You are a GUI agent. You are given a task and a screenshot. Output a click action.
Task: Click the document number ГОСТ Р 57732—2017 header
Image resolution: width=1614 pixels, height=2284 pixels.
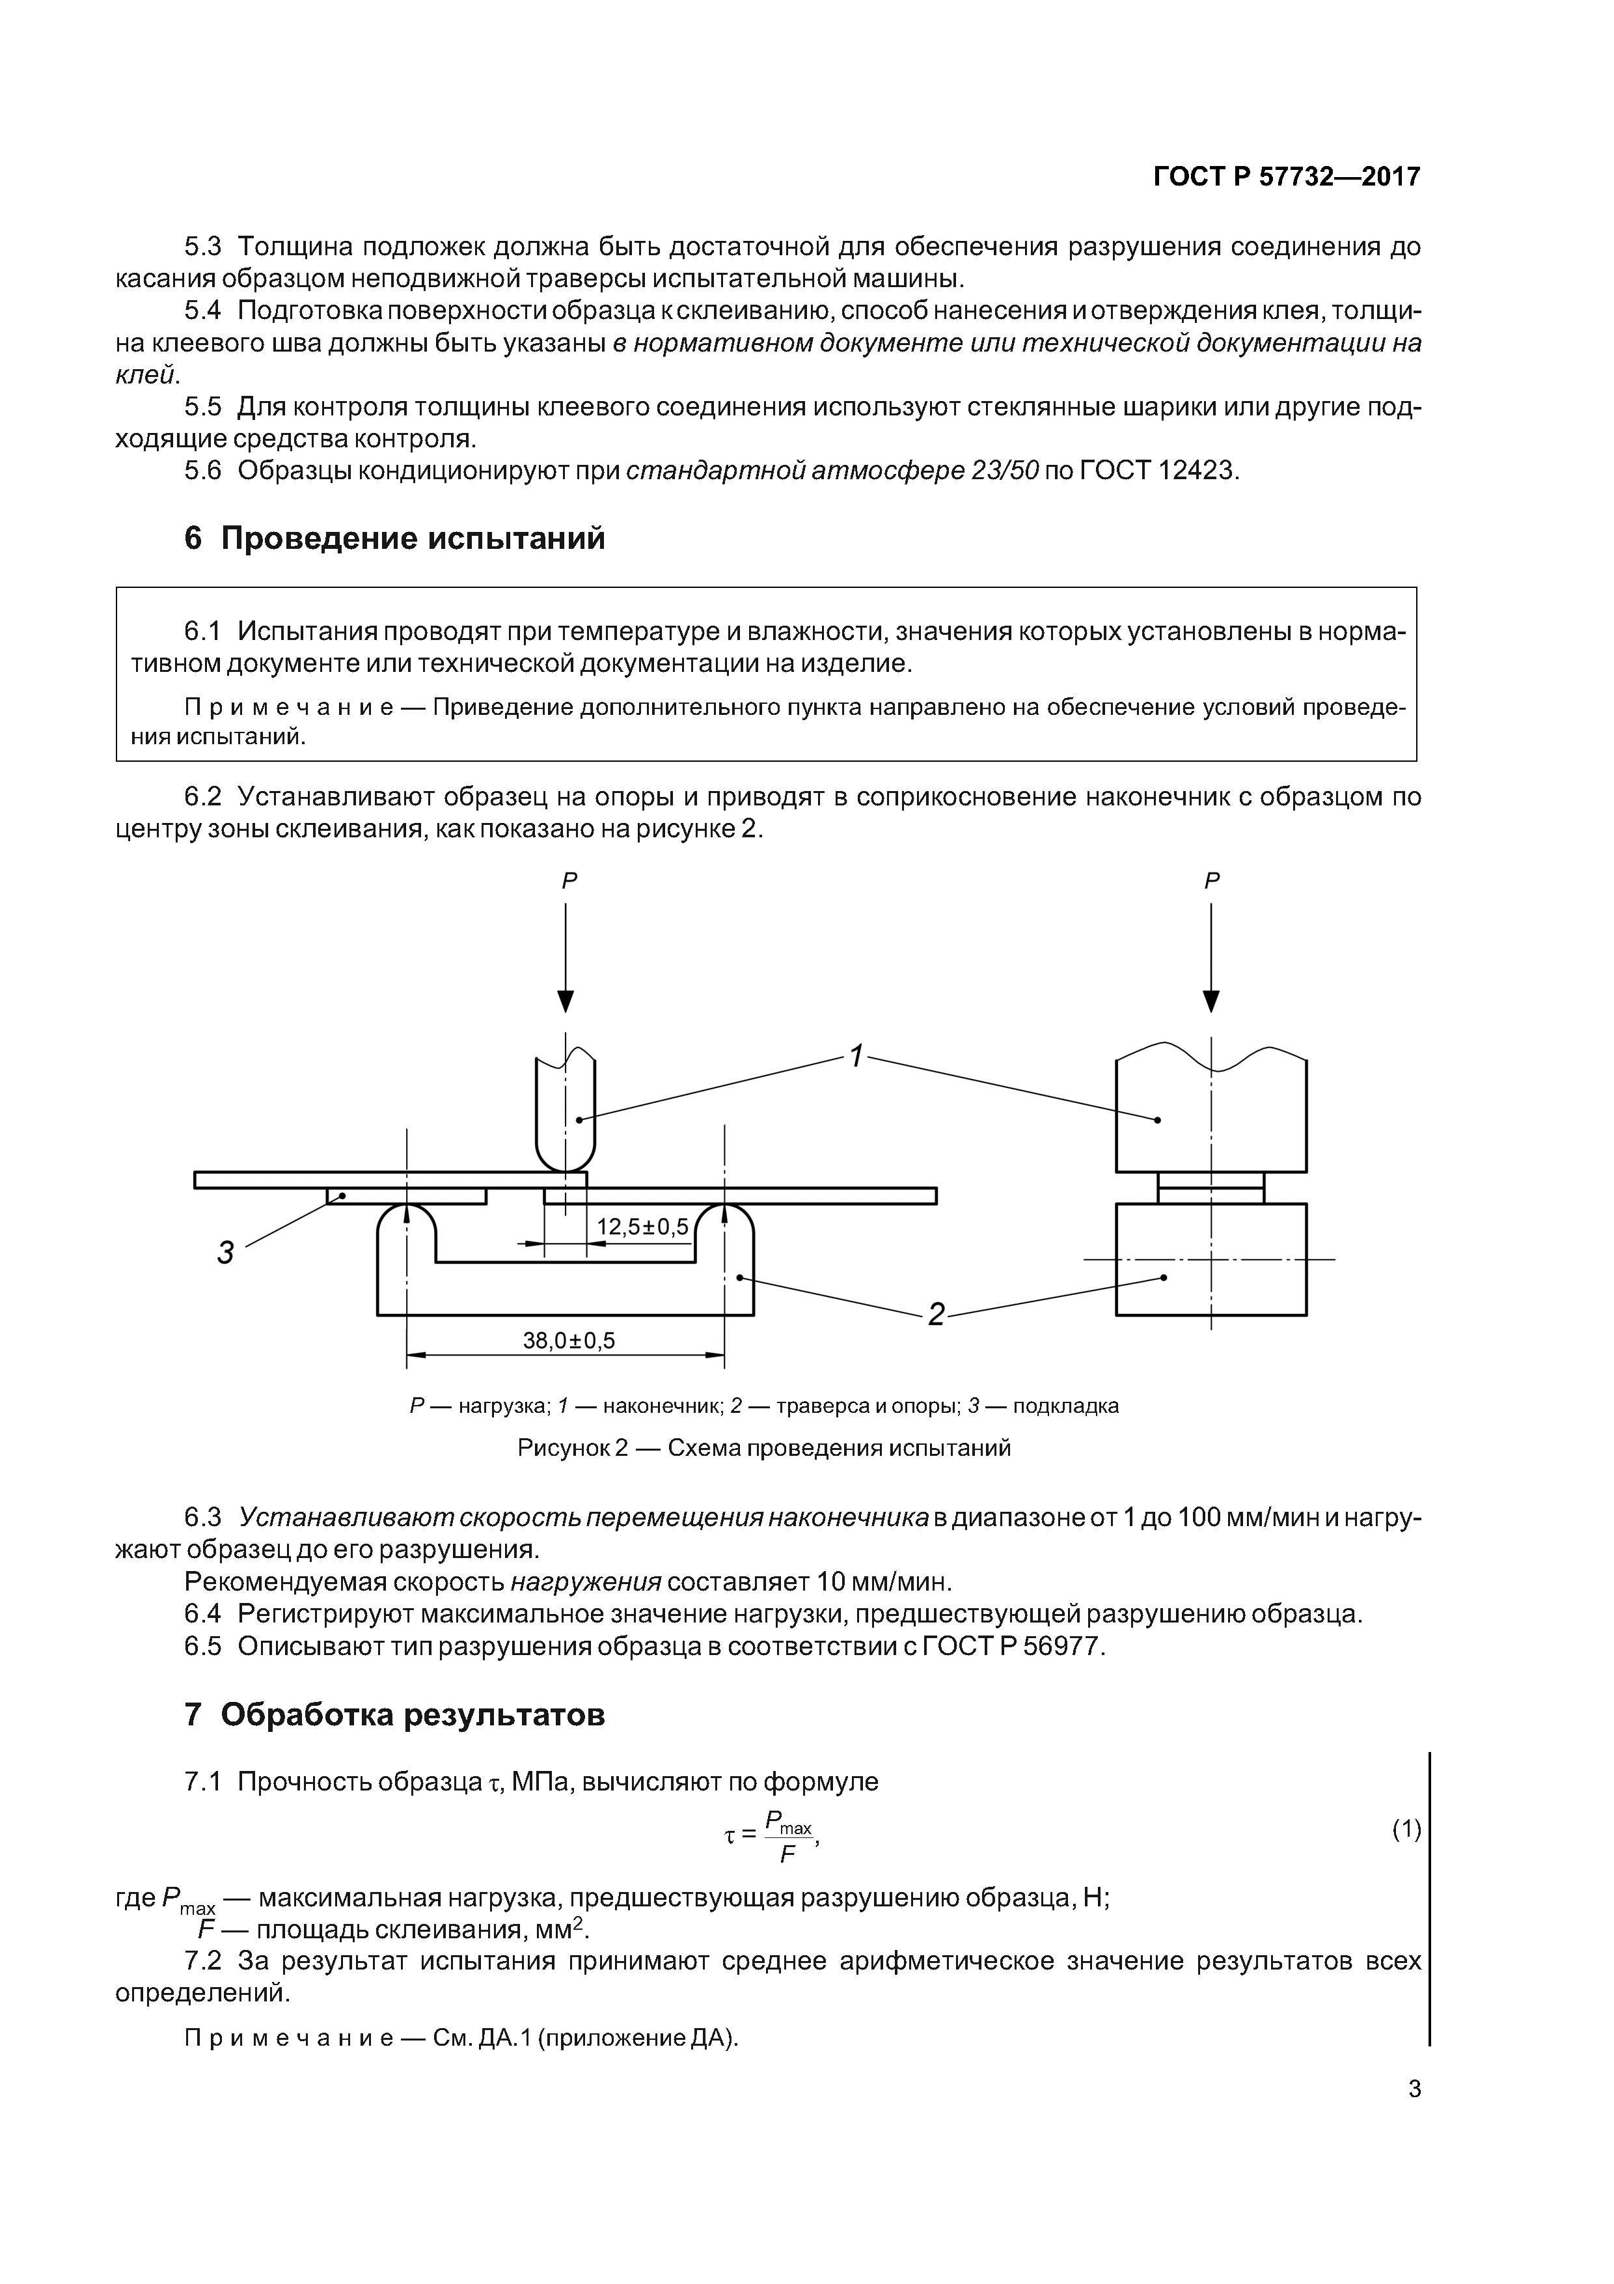(1287, 177)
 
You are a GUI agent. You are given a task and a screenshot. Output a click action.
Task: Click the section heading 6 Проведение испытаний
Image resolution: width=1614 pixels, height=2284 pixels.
(395, 539)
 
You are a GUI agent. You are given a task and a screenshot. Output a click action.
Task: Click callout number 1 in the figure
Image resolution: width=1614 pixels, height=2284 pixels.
(855, 1057)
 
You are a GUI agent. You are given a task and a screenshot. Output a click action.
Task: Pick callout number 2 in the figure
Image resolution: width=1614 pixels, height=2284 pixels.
(936, 1315)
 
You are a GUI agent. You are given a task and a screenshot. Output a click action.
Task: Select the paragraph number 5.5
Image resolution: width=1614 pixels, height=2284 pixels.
(203, 407)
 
